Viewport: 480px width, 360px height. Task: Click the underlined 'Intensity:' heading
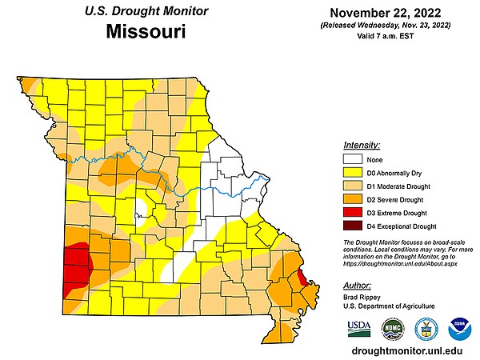(361, 145)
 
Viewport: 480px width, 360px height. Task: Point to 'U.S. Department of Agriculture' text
(388, 306)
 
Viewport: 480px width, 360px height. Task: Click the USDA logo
(359, 329)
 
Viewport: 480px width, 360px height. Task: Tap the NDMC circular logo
(392, 329)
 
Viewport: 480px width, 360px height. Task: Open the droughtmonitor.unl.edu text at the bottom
(407, 351)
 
